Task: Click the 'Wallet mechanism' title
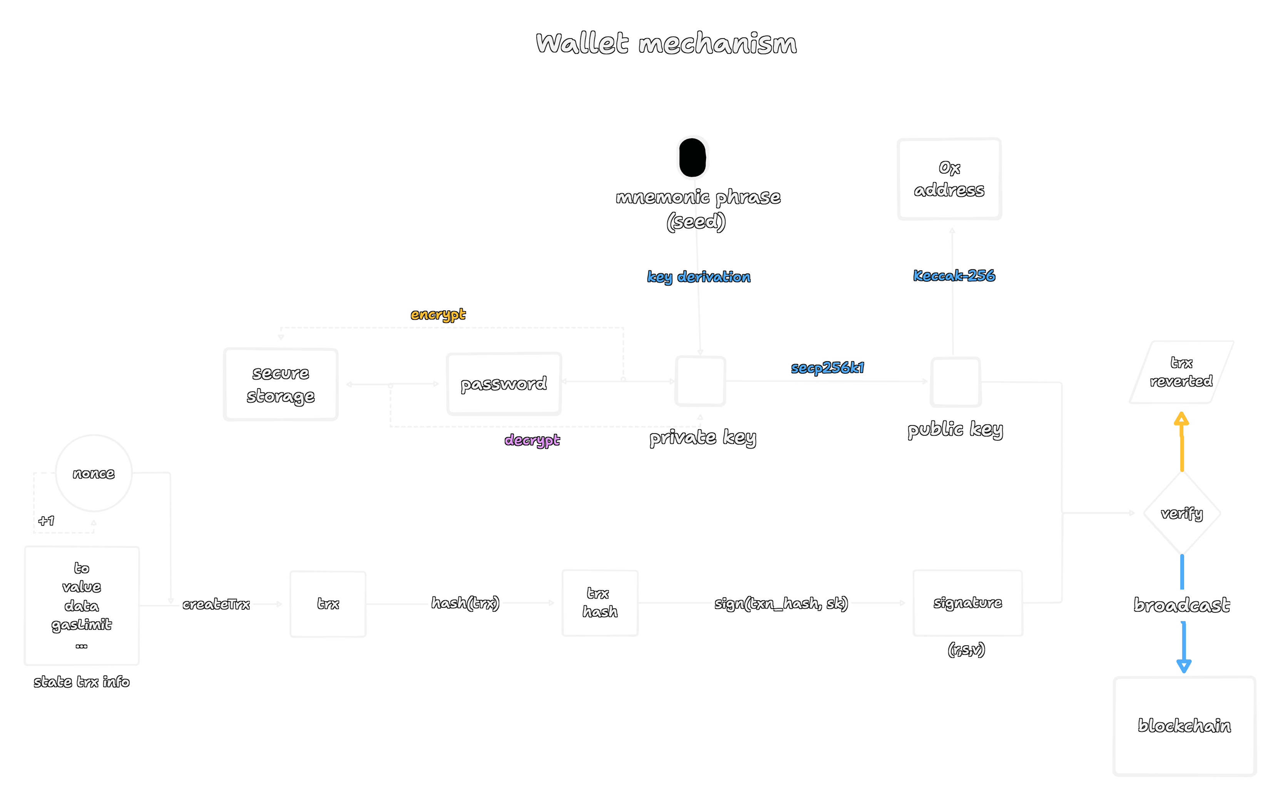pyautogui.click(x=666, y=44)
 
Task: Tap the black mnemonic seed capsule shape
pyautogui.click(x=693, y=158)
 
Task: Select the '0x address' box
pyautogui.click(x=949, y=179)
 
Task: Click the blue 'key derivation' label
pyautogui.click(x=698, y=277)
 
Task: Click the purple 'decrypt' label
pyautogui.click(x=532, y=440)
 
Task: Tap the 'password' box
pyautogui.click(x=504, y=383)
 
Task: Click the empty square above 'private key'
pyautogui.click(x=700, y=382)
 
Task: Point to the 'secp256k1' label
pyautogui.click(x=827, y=368)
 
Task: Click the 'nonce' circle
pyautogui.click(x=94, y=473)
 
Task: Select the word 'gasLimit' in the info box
pyautogui.click(x=82, y=625)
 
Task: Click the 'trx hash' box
pyautogui.click(x=600, y=603)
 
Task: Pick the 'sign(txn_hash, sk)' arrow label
pyautogui.click(x=781, y=603)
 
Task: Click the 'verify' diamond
pyautogui.click(x=1181, y=513)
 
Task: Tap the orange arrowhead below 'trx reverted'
pyautogui.click(x=1181, y=420)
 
